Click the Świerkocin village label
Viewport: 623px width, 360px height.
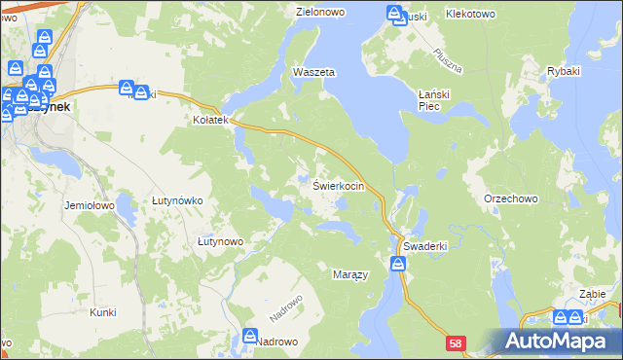339,185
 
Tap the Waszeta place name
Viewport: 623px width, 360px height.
313,73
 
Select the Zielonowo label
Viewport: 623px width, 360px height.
321,13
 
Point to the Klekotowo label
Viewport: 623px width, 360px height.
470,15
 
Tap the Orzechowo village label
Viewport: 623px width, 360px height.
510,198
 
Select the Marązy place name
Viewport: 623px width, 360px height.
350,275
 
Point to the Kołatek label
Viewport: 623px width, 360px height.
209,121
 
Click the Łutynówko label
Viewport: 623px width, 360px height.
177,200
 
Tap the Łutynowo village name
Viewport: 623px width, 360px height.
220,240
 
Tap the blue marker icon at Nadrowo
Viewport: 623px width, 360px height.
250,337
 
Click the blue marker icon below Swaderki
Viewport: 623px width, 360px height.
398,263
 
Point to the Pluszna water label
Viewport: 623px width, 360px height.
448,61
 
